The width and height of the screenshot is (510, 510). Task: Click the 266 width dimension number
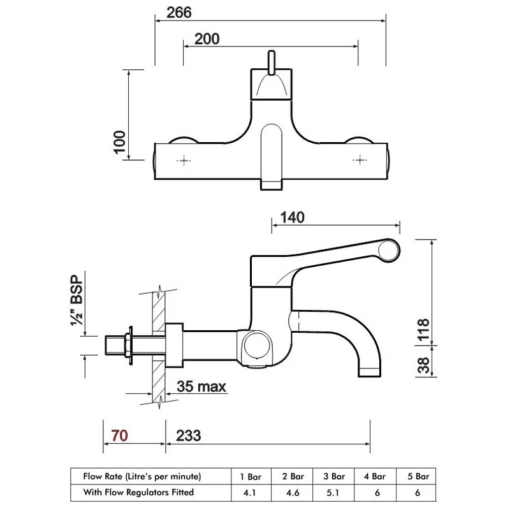[x=179, y=13]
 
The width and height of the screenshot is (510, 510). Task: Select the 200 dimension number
[x=207, y=39]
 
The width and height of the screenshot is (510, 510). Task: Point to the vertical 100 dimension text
[x=119, y=142]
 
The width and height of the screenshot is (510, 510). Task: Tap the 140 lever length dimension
[x=293, y=217]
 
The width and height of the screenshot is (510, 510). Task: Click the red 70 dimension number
[x=119, y=435]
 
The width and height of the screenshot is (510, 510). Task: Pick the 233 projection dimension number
[x=188, y=435]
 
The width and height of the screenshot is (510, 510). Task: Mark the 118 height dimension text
[x=423, y=330]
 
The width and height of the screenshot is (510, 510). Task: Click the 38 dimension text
[x=423, y=365]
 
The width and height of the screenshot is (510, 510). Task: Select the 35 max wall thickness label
[x=201, y=386]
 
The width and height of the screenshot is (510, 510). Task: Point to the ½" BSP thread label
[x=76, y=300]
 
